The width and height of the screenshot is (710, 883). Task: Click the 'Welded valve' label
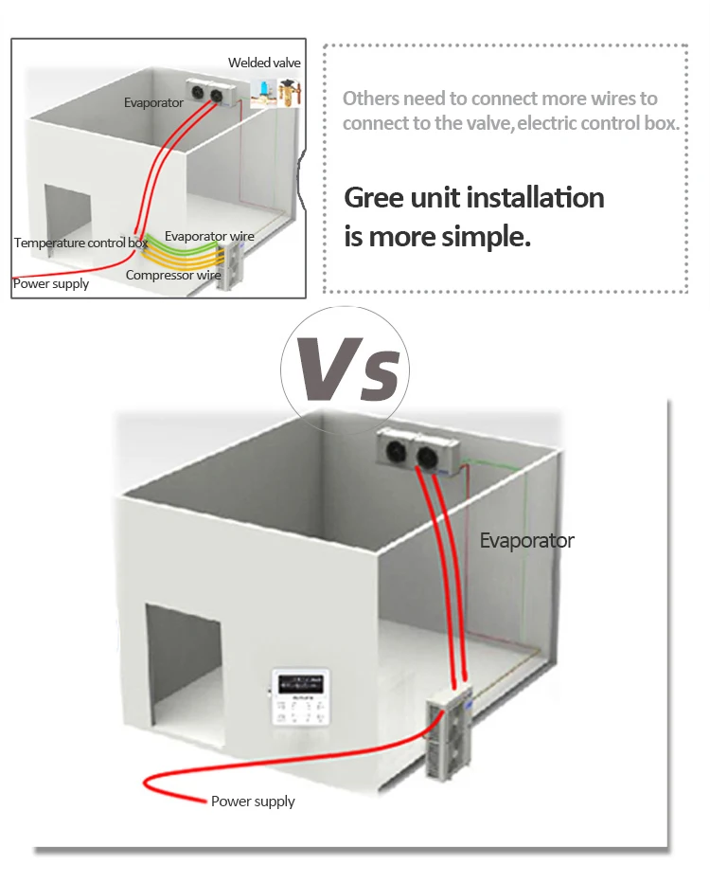pos(264,63)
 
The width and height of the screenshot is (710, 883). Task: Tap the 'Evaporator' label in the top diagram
pos(152,102)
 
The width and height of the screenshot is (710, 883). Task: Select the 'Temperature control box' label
pos(80,243)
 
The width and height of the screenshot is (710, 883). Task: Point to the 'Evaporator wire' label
pos(209,236)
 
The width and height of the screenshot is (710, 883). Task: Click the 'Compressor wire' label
pos(173,276)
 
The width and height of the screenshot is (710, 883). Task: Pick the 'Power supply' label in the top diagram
pos(51,283)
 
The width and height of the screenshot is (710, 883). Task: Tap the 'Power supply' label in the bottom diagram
pos(253,802)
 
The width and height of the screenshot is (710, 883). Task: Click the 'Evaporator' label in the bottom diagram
pos(526,541)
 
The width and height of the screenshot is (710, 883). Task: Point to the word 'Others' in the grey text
pos(370,99)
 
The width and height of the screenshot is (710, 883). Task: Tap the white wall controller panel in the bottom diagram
pos(305,697)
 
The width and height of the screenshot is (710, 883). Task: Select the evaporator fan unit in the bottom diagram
pos(419,451)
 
